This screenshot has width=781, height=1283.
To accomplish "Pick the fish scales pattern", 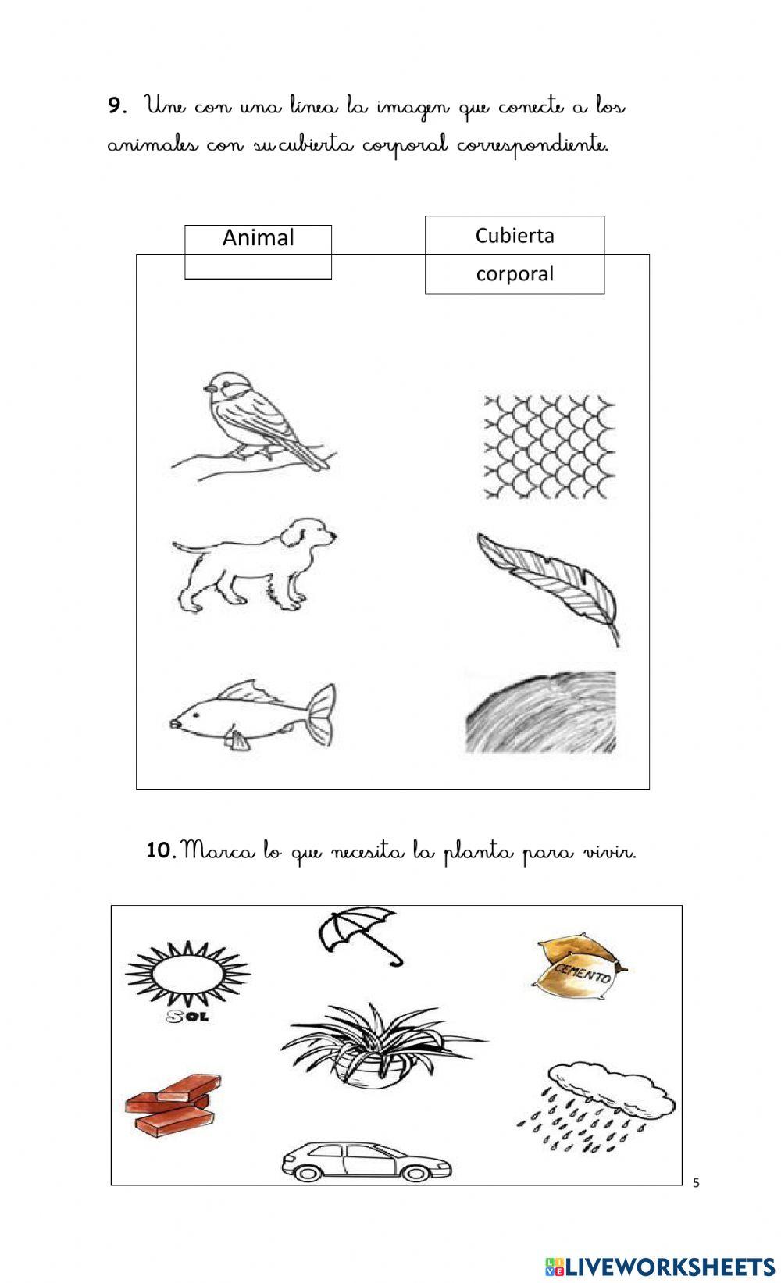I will click(x=549, y=447).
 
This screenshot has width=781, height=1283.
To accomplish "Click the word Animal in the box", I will click(x=258, y=237).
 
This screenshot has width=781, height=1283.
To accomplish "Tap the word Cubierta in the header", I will click(x=515, y=235).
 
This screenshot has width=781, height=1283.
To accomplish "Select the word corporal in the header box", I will click(x=515, y=273).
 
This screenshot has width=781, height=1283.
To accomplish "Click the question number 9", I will click(x=116, y=106).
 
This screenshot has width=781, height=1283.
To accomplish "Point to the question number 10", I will click(x=161, y=850).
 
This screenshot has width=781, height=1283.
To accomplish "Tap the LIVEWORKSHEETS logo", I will click(x=659, y=1266).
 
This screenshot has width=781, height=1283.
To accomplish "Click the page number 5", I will click(x=696, y=1183).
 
